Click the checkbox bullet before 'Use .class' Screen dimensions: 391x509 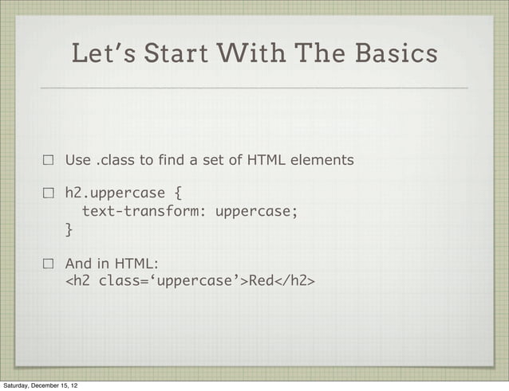[48, 161]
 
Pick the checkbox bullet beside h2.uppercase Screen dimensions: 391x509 [48, 193]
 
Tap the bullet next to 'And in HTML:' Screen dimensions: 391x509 [48, 264]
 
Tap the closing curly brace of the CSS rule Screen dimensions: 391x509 [69, 229]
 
